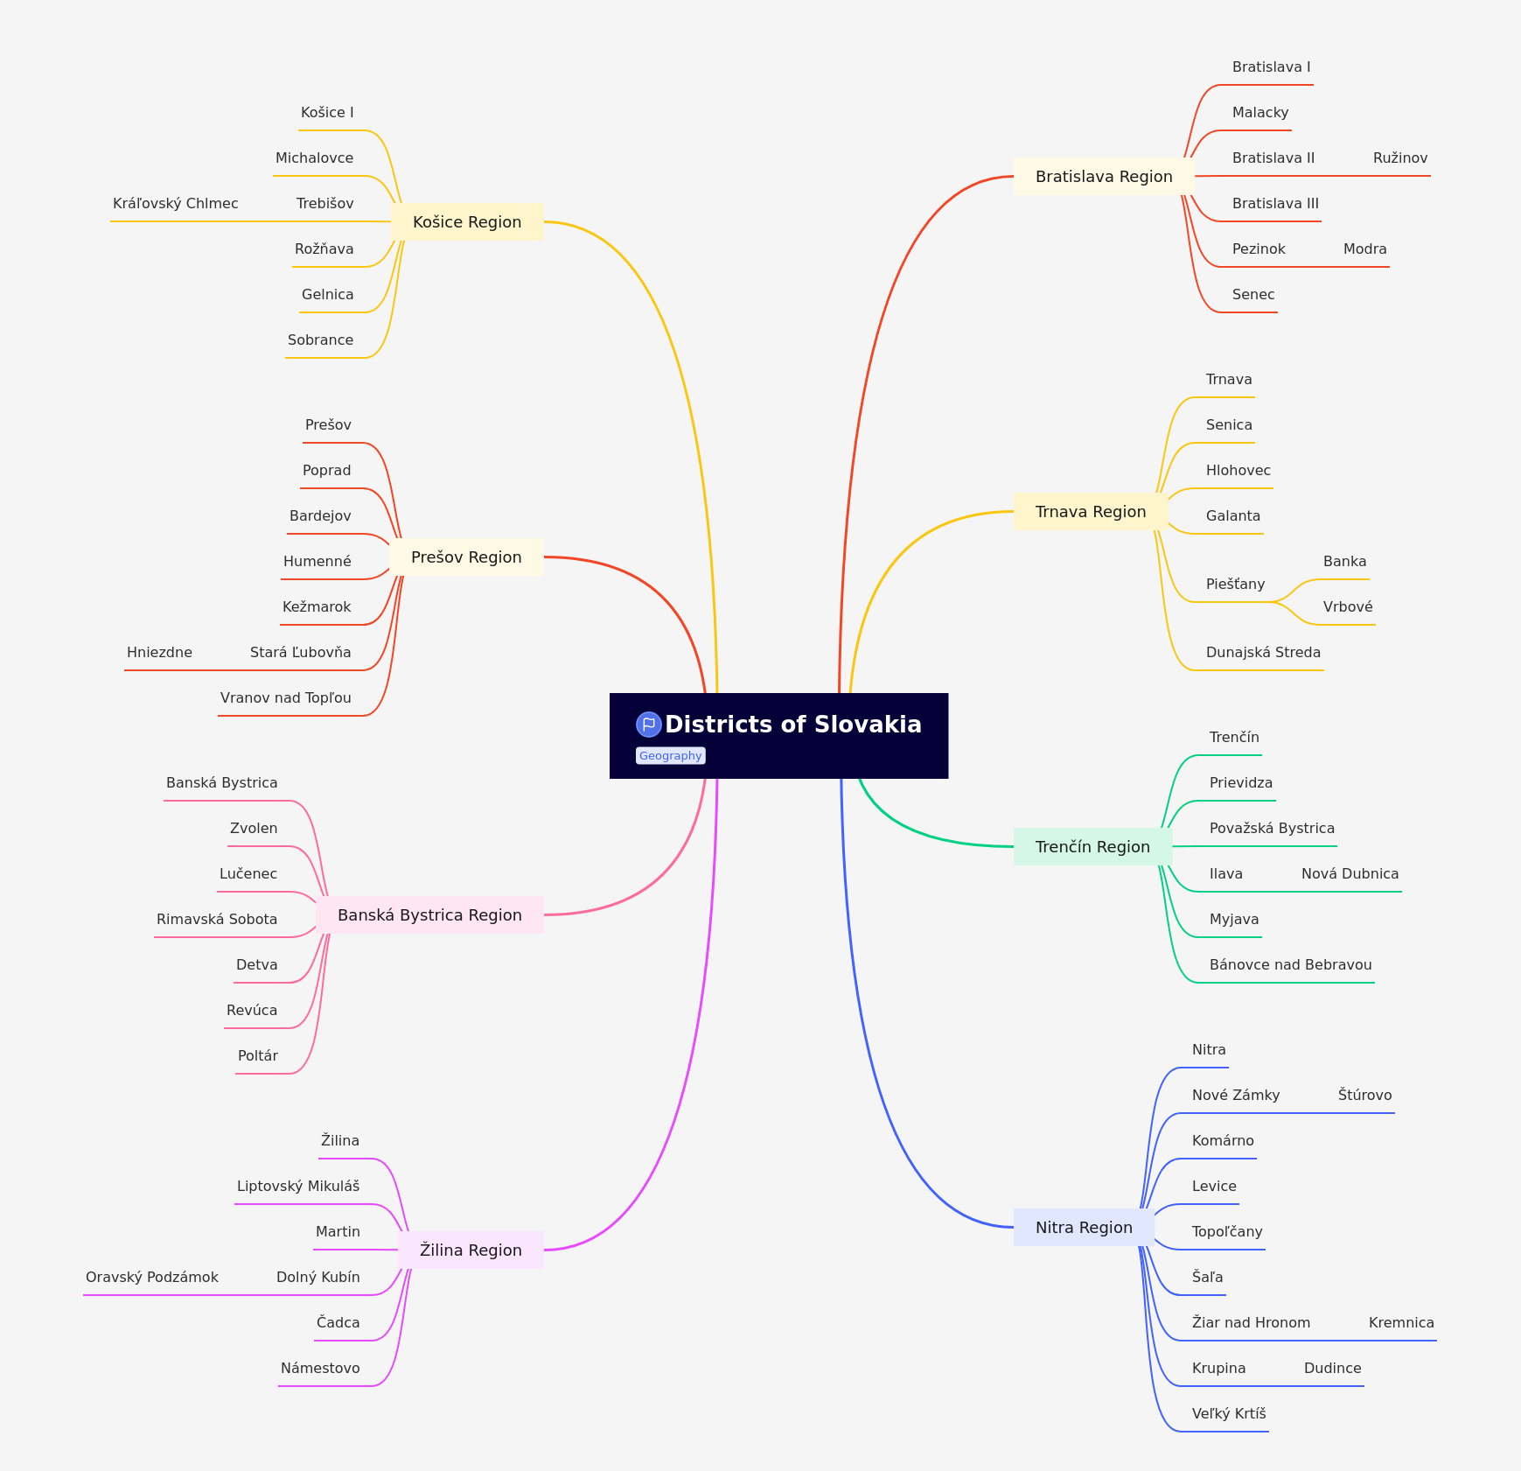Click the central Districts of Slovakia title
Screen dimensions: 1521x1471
click(x=792, y=725)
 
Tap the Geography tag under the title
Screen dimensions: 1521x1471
click(x=670, y=756)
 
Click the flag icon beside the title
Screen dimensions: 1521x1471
click(x=649, y=725)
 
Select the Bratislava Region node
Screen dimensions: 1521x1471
click(x=1104, y=177)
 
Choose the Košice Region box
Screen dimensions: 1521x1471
click(x=467, y=222)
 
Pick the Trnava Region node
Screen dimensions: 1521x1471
click(x=1091, y=512)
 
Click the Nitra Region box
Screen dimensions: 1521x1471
click(x=1084, y=1228)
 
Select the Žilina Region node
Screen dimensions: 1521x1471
click(x=471, y=1250)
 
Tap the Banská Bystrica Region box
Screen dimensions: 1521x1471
click(x=429, y=915)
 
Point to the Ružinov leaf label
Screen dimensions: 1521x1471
click(x=1400, y=158)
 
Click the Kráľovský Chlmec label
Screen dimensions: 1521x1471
click(x=176, y=204)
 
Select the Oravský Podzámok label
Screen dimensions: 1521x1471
click(x=152, y=1278)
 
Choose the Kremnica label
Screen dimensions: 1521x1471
click(x=1401, y=1323)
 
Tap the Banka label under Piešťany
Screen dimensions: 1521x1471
click(x=1344, y=562)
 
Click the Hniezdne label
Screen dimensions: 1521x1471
click(x=159, y=653)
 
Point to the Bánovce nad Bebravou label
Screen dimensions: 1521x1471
click(x=1290, y=965)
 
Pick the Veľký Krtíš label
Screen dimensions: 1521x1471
click(x=1229, y=1414)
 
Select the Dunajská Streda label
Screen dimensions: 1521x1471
click(x=1263, y=653)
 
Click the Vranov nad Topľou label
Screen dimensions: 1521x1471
click(x=286, y=698)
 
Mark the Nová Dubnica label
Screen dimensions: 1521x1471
click(x=1350, y=874)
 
